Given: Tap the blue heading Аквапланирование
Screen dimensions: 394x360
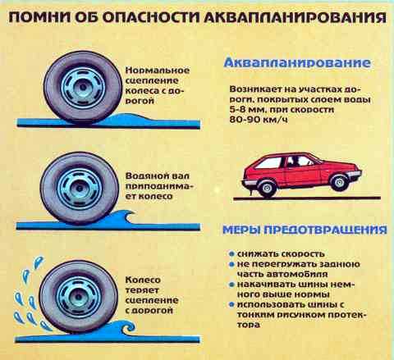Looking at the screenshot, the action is pos(297,63).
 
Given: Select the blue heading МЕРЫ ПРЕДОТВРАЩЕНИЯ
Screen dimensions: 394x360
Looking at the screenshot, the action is pos(305,230).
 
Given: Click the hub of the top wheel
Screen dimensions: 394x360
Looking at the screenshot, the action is pos(81,87).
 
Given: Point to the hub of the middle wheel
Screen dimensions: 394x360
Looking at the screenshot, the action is pos(79,189).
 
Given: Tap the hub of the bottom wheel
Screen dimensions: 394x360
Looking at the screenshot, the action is pos(77,296).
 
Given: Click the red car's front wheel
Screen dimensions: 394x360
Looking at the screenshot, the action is pos(339,182).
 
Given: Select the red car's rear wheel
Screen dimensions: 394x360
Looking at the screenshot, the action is pos(267,188).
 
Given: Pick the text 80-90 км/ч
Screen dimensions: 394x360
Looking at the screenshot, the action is pos(259,120).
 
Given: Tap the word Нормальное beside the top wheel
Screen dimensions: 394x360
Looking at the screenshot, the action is pos(158,71).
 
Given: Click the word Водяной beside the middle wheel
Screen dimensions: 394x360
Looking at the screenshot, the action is pos(144,176).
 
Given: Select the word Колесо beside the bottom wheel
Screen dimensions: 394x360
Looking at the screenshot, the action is pos(143,280).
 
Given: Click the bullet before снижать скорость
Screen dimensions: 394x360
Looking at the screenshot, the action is pos(231,254).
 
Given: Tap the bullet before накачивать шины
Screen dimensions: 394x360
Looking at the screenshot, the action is pos(231,285).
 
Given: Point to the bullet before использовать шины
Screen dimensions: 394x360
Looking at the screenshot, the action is pos(231,304).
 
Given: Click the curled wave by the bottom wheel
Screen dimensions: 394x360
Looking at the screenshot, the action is pos(125,327).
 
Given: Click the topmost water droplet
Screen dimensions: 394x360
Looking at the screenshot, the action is pos(39,262).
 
